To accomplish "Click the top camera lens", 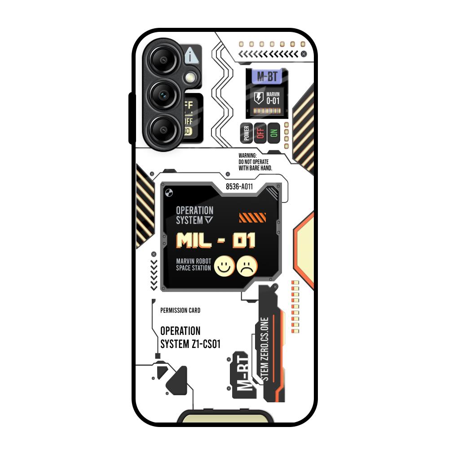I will [x=163, y=60].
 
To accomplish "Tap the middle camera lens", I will [x=163, y=95].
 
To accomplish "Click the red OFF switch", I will [x=260, y=133].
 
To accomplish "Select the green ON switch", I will [x=273, y=133].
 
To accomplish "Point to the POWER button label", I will [x=246, y=133].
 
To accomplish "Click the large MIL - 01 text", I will [x=216, y=241].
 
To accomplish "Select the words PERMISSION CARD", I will [x=180, y=310].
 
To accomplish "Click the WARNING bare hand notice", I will [x=255, y=162].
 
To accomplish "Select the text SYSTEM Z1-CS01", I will [x=190, y=344].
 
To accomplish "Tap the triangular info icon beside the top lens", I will [x=191, y=57].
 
